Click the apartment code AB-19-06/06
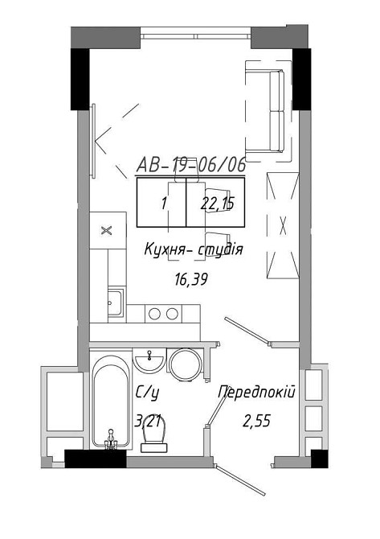191,165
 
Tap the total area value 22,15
218,204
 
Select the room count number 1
164,204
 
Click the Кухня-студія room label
194,249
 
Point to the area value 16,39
191,280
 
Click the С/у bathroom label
148,393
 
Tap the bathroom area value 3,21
148,421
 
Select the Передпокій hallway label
257,393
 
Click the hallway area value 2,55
257,421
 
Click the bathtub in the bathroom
111,401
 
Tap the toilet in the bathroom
154,434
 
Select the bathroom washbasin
149,361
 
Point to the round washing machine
186,365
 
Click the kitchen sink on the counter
116,302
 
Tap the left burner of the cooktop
154,314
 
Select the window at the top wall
196,36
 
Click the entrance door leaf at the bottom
240,480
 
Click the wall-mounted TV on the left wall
93,141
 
